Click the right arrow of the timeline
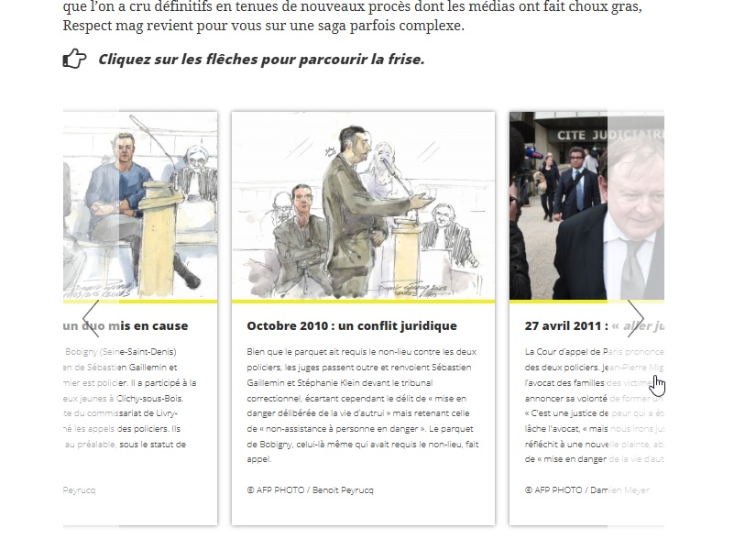click(x=635, y=318)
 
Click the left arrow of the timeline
click(x=91, y=318)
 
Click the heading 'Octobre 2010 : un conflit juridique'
click(x=352, y=325)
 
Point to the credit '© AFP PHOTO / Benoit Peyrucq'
click(x=310, y=490)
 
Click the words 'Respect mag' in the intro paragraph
click(x=104, y=26)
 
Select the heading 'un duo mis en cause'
click(x=126, y=325)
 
